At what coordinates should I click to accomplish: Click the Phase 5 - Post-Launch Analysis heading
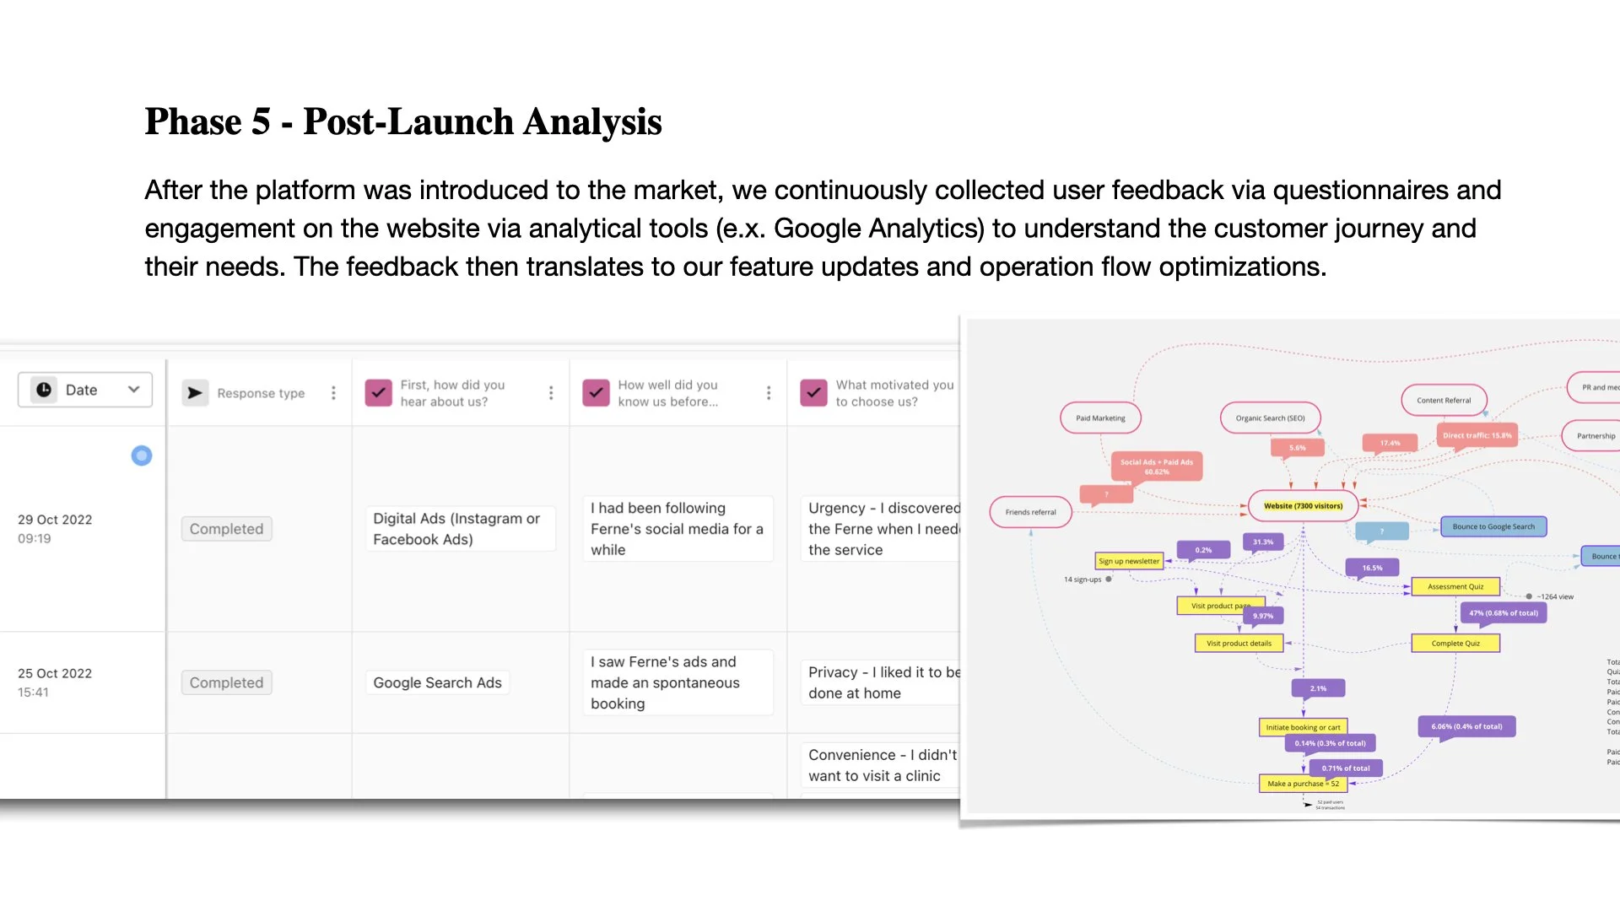click(402, 121)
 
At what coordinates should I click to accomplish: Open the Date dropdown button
click(85, 390)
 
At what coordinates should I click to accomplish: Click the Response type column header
click(260, 393)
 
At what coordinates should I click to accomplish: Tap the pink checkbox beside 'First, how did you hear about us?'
click(378, 393)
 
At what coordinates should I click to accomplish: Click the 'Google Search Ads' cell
click(437, 682)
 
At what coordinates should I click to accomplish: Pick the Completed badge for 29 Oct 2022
click(226, 529)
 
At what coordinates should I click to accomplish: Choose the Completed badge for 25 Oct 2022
click(226, 682)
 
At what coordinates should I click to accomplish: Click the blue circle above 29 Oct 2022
click(142, 455)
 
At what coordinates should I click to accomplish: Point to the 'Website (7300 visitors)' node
click(1303, 506)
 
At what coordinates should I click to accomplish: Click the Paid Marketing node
click(1100, 418)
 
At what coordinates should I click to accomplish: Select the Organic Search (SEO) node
click(1270, 418)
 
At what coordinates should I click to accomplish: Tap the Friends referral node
click(1030, 512)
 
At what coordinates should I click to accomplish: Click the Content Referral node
click(1444, 401)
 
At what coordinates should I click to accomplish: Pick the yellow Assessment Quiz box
click(1455, 586)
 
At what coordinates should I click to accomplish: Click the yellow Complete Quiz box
click(1455, 644)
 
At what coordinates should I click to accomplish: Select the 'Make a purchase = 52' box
click(1303, 784)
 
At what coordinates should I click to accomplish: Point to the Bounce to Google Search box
click(1493, 527)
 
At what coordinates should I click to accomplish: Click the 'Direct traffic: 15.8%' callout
click(1477, 436)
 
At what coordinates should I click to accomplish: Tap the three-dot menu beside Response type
click(333, 393)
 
